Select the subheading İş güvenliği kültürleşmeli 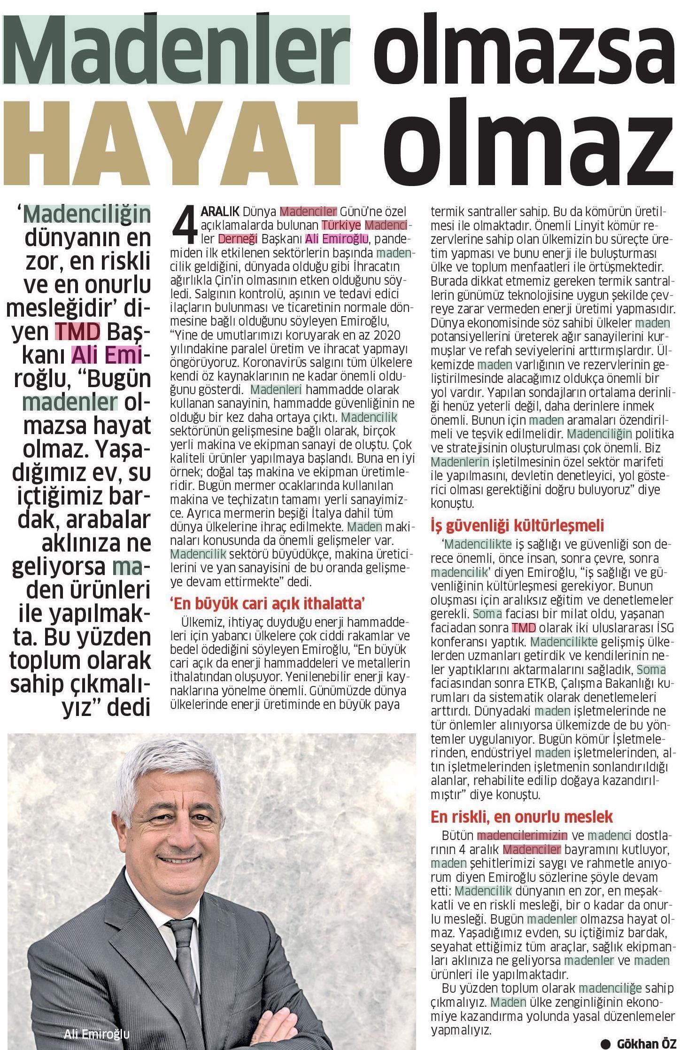tap(517, 525)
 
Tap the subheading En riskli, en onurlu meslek tap(522, 816)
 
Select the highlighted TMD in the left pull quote tap(77, 332)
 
